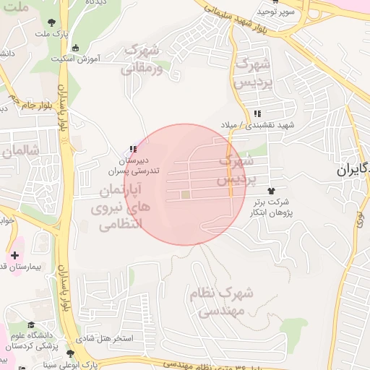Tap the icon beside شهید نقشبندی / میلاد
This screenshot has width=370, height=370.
pos(257,113)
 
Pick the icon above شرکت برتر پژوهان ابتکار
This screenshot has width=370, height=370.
pos(271,190)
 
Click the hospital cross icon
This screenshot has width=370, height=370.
pos(15,256)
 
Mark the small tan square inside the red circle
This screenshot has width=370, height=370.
pos(185,194)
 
